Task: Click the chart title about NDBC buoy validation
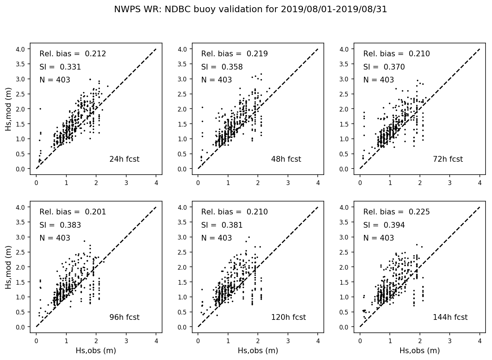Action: point(250,9)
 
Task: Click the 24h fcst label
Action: point(124,159)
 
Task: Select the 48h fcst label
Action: point(286,159)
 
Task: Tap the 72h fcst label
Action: point(448,159)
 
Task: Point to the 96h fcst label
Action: point(124,317)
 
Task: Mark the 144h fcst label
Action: point(450,317)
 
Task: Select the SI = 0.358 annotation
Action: point(222,67)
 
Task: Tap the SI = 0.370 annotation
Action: point(384,67)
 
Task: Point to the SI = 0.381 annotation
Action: point(222,225)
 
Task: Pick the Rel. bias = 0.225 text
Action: point(396,212)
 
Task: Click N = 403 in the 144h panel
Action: point(378,238)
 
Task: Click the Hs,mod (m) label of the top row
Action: point(9,109)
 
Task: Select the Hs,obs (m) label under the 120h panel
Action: point(258,351)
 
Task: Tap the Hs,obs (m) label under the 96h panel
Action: point(96,351)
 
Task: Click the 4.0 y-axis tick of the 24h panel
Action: point(20,49)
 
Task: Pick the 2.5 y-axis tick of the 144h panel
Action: point(345,252)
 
